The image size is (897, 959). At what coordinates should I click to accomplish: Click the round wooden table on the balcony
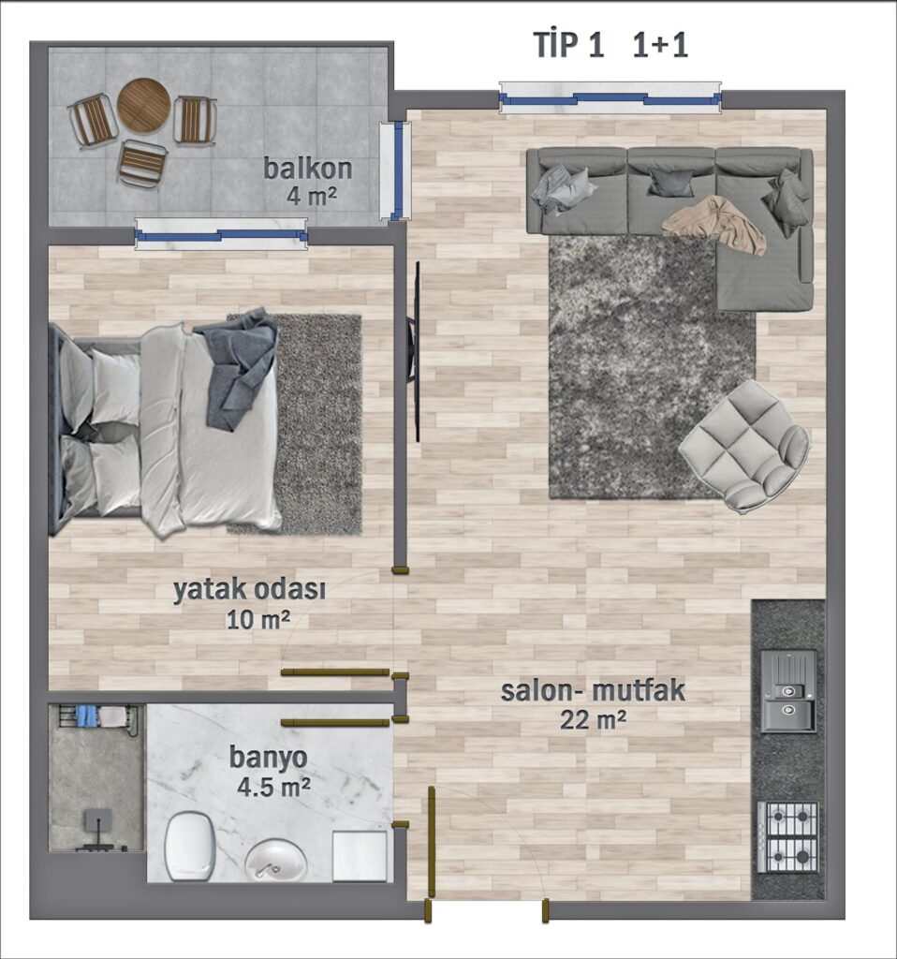143,105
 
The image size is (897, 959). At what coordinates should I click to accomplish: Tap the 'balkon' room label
307,169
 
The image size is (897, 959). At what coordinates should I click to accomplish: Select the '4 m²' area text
311,197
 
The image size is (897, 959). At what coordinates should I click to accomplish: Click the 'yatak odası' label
249,591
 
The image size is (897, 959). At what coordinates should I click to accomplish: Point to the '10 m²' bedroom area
258,620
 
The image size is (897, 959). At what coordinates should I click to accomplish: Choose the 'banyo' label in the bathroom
269,758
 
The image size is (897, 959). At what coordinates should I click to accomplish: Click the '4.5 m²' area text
273,787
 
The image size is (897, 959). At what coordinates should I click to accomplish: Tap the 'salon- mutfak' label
593,691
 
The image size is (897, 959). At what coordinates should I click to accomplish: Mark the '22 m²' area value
593,720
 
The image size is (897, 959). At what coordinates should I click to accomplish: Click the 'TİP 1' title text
568,45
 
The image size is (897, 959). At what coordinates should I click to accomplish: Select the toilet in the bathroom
190,846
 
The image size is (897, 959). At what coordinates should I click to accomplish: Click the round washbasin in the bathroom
276,861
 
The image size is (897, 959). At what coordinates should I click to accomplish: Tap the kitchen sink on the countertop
788,691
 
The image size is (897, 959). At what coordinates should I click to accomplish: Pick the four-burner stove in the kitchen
787,837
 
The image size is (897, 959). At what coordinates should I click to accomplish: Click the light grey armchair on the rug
744,446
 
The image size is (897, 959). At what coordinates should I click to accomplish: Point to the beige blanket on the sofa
714,224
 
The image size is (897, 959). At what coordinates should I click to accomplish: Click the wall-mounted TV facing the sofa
415,352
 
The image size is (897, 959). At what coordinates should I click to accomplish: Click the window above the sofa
610,97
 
